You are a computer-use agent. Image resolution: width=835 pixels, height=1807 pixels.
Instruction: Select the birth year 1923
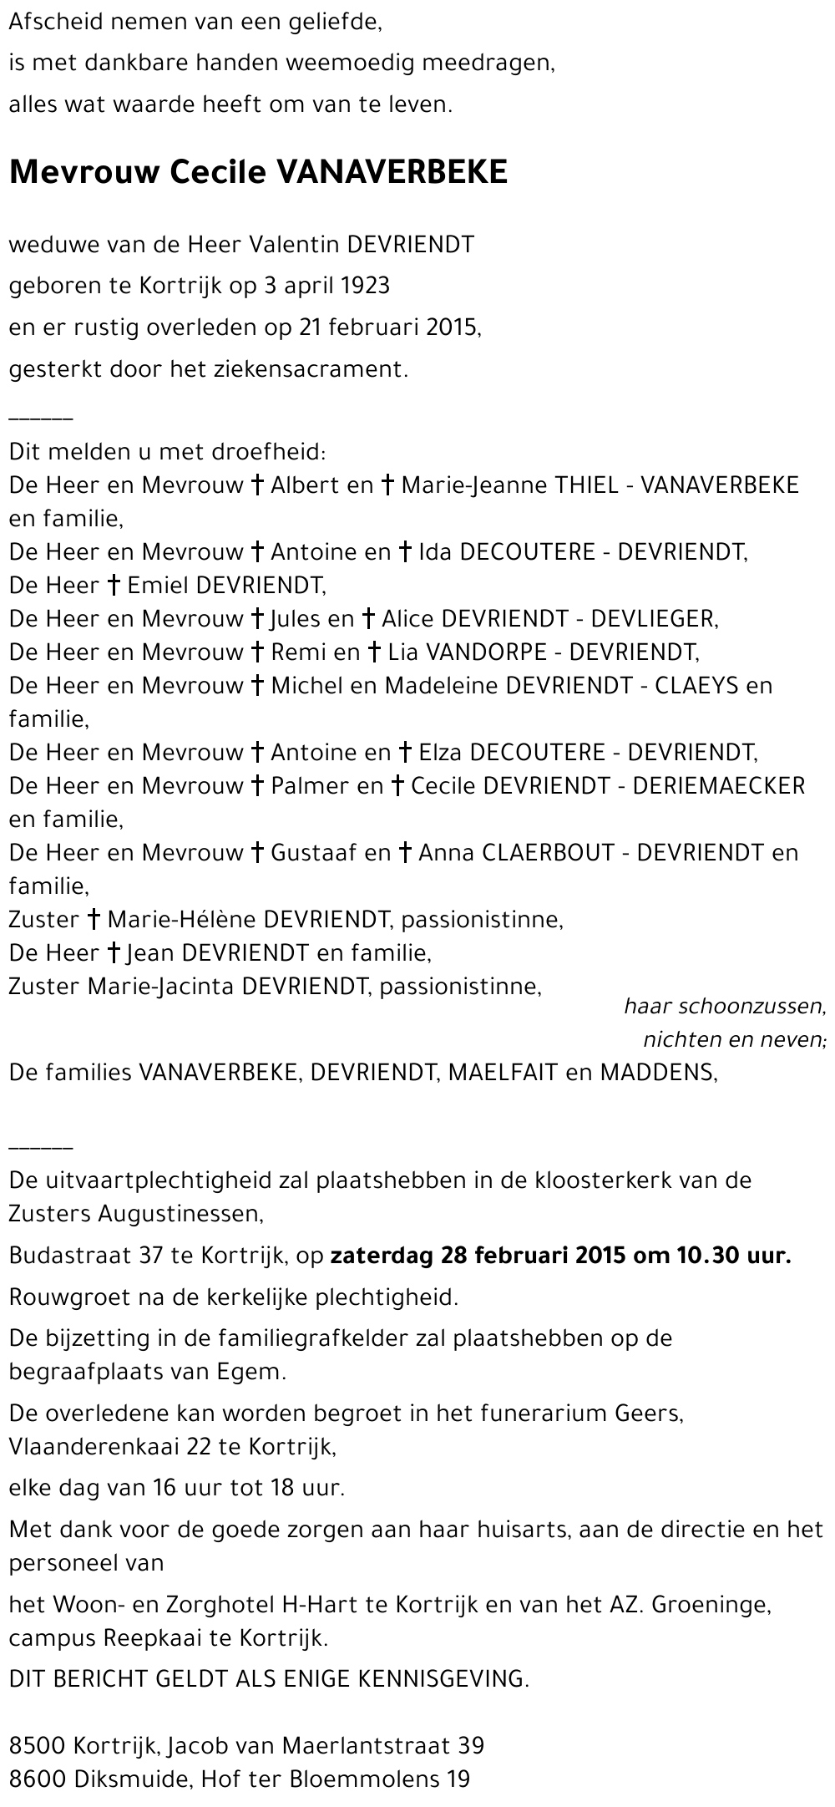366,286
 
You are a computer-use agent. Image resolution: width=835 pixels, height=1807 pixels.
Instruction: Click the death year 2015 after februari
449,327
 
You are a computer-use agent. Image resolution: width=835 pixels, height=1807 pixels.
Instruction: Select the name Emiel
158,585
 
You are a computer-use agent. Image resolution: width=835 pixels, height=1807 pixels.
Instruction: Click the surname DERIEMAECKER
719,785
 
